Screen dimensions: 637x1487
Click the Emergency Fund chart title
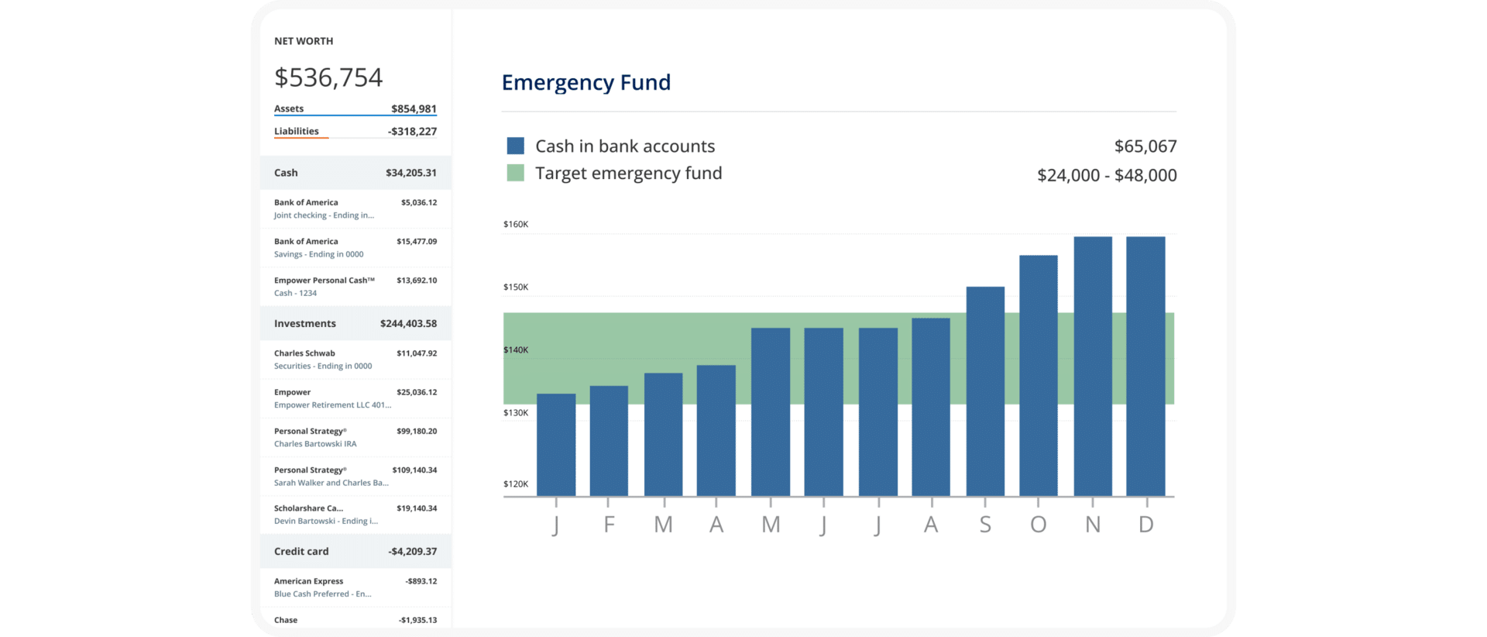pyautogui.click(x=586, y=82)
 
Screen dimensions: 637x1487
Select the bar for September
pyautogui.click(x=985, y=391)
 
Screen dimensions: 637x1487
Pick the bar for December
pyautogui.click(x=1145, y=366)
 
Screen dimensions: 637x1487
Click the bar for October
pyautogui.click(x=1038, y=375)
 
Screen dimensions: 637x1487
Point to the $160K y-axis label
pyautogui.click(x=516, y=224)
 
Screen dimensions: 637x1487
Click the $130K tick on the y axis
pyautogui.click(x=516, y=412)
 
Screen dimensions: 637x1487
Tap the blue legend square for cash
pyautogui.click(x=515, y=146)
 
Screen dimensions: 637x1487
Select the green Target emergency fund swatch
pyautogui.click(x=515, y=173)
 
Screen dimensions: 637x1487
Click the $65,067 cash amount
pyautogui.click(x=1145, y=146)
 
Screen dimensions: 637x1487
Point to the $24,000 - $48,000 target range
pyautogui.click(x=1106, y=175)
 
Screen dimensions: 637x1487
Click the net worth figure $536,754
pyautogui.click(x=328, y=77)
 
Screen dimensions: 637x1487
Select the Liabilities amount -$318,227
pyautogui.click(x=412, y=132)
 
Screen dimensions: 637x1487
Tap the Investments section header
pyautogui.click(x=305, y=323)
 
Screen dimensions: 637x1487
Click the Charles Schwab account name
pyautogui.click(x=304, y=353)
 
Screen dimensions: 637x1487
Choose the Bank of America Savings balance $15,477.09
pyautogui.click(x=416, y=242)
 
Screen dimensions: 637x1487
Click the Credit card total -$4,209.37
pyautogui.click(x=412, y=552)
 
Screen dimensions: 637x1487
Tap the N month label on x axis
pyautogui.click(x=1092, y=525)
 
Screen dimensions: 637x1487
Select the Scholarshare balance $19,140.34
pyautogui.click(x=416, y=508)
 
